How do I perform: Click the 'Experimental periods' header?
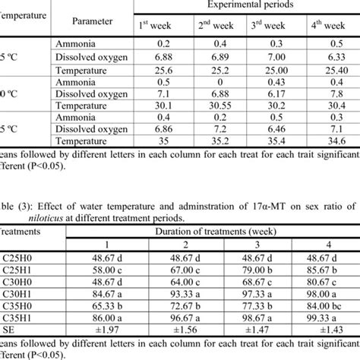248,5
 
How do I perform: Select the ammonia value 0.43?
276,81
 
